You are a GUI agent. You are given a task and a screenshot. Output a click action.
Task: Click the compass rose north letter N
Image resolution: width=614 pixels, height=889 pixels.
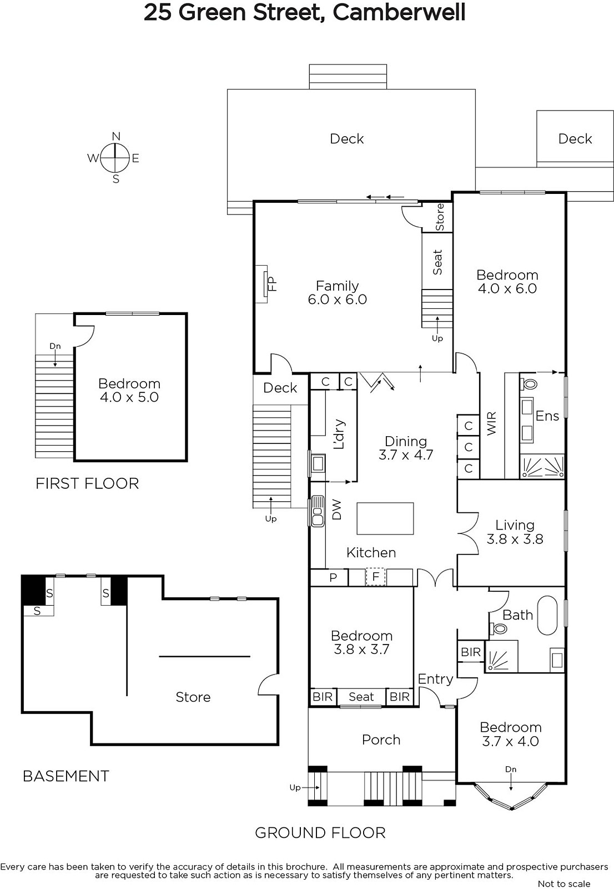coord(116,137)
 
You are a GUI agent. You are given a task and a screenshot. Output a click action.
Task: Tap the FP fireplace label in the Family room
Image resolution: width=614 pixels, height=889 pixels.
coord(272,284)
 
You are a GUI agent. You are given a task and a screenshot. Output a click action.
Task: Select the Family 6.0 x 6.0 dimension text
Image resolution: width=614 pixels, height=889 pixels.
coord(337,299)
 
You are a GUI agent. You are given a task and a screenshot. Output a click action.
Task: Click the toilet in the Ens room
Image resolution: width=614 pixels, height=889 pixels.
coord(528,384)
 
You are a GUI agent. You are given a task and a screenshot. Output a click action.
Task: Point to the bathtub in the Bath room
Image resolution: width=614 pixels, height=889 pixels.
coord(547,615)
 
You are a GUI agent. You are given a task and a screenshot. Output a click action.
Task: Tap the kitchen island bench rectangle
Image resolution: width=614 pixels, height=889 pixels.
coord(385,518)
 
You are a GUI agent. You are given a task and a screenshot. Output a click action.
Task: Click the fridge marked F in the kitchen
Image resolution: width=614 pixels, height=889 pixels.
coord(376,577)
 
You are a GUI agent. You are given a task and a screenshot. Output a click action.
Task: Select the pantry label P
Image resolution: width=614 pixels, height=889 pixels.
coord(333,577)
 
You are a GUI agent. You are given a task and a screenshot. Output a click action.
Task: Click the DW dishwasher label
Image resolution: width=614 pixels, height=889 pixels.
coord(336,509)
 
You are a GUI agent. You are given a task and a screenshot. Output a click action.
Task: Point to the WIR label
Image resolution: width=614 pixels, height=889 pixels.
coord(491,423)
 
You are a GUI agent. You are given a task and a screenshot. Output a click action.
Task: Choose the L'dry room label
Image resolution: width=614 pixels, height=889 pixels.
coord(339,434)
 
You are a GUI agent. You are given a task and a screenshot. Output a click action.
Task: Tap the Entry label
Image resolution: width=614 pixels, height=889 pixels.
coord(435,680)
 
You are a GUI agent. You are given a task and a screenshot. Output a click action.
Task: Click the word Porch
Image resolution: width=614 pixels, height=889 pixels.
coord(381,740)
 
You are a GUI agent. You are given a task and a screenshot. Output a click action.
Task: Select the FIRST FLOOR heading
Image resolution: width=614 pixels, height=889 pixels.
coord(87,483)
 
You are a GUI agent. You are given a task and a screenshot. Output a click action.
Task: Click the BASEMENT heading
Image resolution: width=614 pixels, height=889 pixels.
coord(66,776)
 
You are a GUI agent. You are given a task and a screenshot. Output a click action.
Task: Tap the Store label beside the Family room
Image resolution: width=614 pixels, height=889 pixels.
coord(440,217)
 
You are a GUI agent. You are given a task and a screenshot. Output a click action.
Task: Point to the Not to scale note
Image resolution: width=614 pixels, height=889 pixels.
coord(564,884)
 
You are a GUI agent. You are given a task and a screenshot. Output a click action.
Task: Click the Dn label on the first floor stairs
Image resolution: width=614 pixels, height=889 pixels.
coord(55,346)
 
